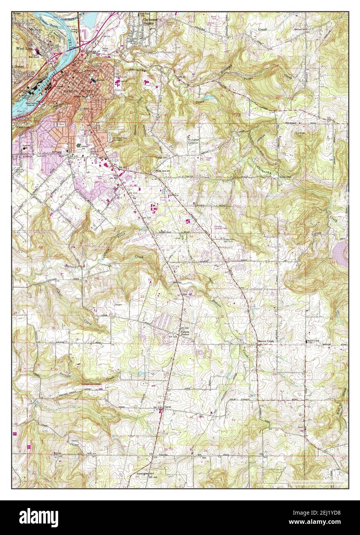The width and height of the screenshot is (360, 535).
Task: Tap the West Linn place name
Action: click(x=23, y=49)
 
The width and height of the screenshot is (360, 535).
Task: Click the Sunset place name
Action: click(x=19, y=66)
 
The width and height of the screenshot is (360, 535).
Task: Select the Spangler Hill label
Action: click(x=140, y=473)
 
